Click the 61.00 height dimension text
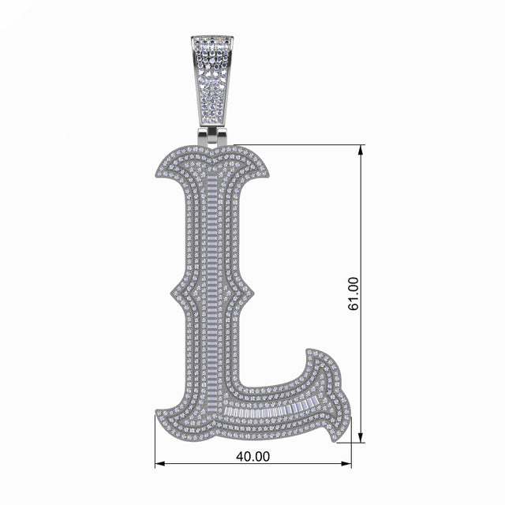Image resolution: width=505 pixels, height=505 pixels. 353,294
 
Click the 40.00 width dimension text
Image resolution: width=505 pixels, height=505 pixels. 253,456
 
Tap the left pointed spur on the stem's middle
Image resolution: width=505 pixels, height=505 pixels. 170,297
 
